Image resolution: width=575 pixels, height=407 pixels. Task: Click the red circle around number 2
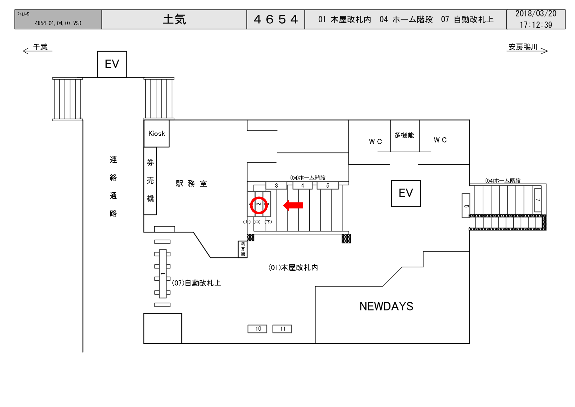pyautogui.click(x=259, y=205)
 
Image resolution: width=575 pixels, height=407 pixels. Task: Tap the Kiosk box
pyautogui.click(x=156, y=134)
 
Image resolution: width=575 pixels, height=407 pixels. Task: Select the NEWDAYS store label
pyautogui.click(x=386, y=306)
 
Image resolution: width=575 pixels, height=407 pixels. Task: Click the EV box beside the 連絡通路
pyautogui.click(x=112, y=64)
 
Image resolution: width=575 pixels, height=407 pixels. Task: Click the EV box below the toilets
pyautogui.click(x=406, y=193)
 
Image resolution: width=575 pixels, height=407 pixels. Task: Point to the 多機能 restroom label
pyautogui.click(x=404, y=135)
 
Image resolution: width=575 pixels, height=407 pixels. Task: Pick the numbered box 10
pyautogui.click(x=257, y=329)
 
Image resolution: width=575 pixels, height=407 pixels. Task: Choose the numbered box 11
pyautogui.click(x=282, y=329)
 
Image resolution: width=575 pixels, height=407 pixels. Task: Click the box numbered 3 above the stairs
pyautogui.click(x=276, y=185)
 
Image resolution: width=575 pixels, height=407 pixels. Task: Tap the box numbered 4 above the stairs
pyautogui.click(x=302, y=185)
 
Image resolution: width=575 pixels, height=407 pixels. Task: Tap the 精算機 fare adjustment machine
pyautogui.click(x=243, y=249)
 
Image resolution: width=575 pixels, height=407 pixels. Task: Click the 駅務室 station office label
pyautogui.click(x=191, y=183)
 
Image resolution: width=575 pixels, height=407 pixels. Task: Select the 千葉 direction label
pyautogui.click(x=40, y=47)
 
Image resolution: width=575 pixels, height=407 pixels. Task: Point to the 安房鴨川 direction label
pyautogui.click(x=523, y=47)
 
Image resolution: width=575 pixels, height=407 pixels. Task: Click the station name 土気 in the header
pyautogui.click(x=174, y=19)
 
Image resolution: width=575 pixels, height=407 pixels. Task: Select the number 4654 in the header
pyautogui.click(x=276, y=19)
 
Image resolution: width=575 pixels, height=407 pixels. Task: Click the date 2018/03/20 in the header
pyautogui.click(x=536, y=14)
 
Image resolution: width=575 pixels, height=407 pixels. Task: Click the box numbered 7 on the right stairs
pyautogui.click(x=538, y=200)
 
